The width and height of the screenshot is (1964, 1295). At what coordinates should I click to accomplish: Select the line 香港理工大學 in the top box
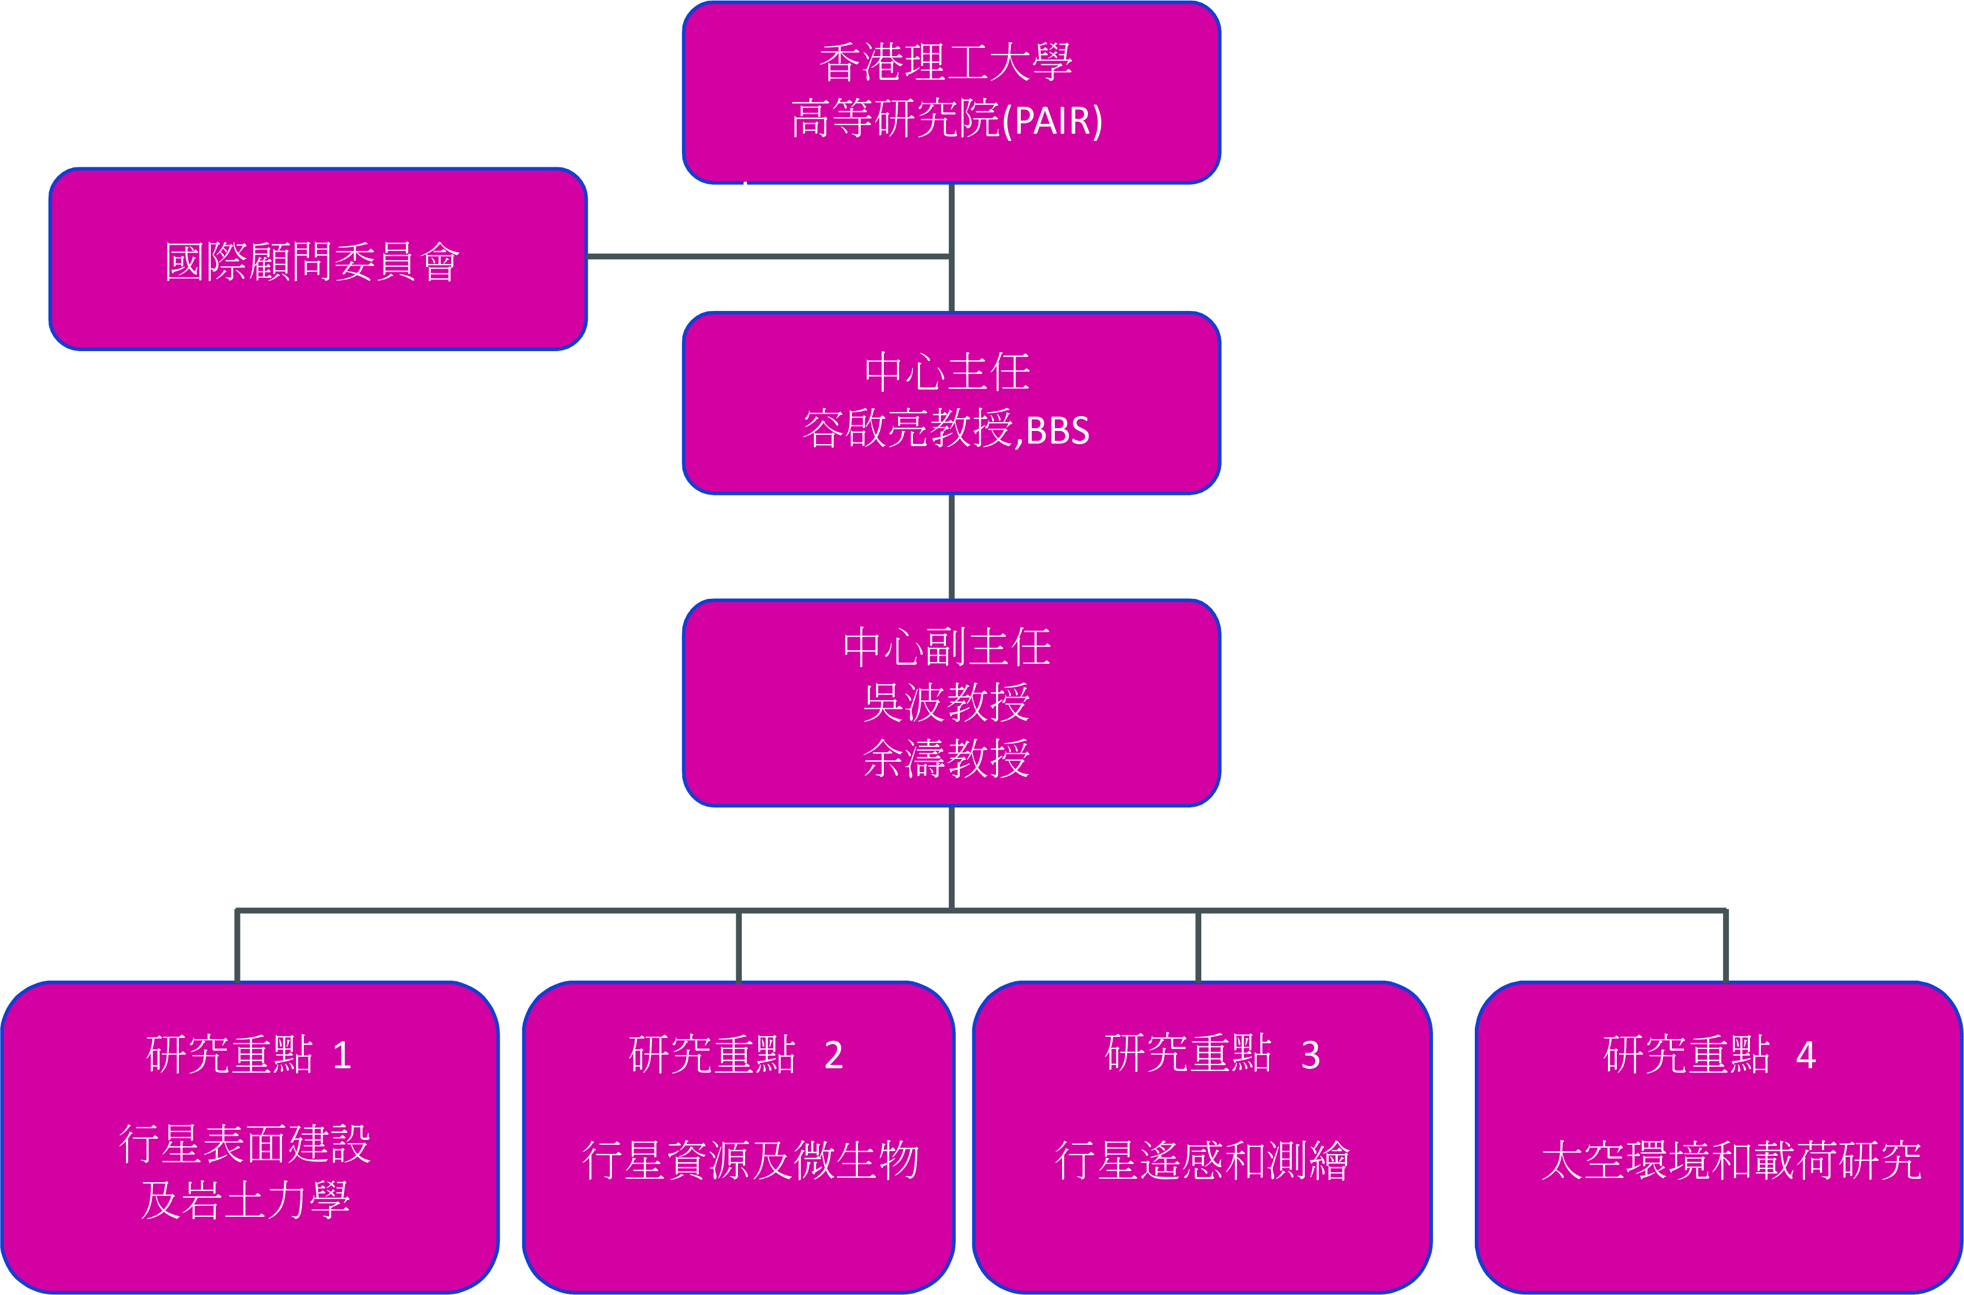(946, 63)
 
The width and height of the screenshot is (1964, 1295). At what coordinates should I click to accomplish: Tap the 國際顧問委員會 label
(311, 262)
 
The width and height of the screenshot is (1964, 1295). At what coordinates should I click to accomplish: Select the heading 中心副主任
(947, 647)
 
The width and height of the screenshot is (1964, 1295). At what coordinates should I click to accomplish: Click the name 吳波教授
(946, 703)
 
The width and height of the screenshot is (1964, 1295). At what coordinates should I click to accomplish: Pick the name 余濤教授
(946, 758)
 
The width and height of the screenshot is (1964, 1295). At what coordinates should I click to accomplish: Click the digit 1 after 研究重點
(342, 1056)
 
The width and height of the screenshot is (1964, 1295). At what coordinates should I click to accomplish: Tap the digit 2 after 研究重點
(833, 1056)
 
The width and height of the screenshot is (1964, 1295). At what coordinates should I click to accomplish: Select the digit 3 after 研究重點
(1310, 1056)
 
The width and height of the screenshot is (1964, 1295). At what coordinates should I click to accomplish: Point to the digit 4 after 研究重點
(1806, 1056)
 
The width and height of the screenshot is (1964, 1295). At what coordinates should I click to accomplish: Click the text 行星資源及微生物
(751, 1160)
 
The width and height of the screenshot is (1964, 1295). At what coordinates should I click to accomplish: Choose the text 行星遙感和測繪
(1202, 1160)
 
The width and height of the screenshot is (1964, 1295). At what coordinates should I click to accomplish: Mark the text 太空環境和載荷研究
(1731, 1160)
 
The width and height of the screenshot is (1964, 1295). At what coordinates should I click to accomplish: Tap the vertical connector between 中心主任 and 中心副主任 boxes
(952, 547)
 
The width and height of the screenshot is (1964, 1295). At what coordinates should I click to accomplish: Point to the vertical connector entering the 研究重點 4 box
(1725, 947)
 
